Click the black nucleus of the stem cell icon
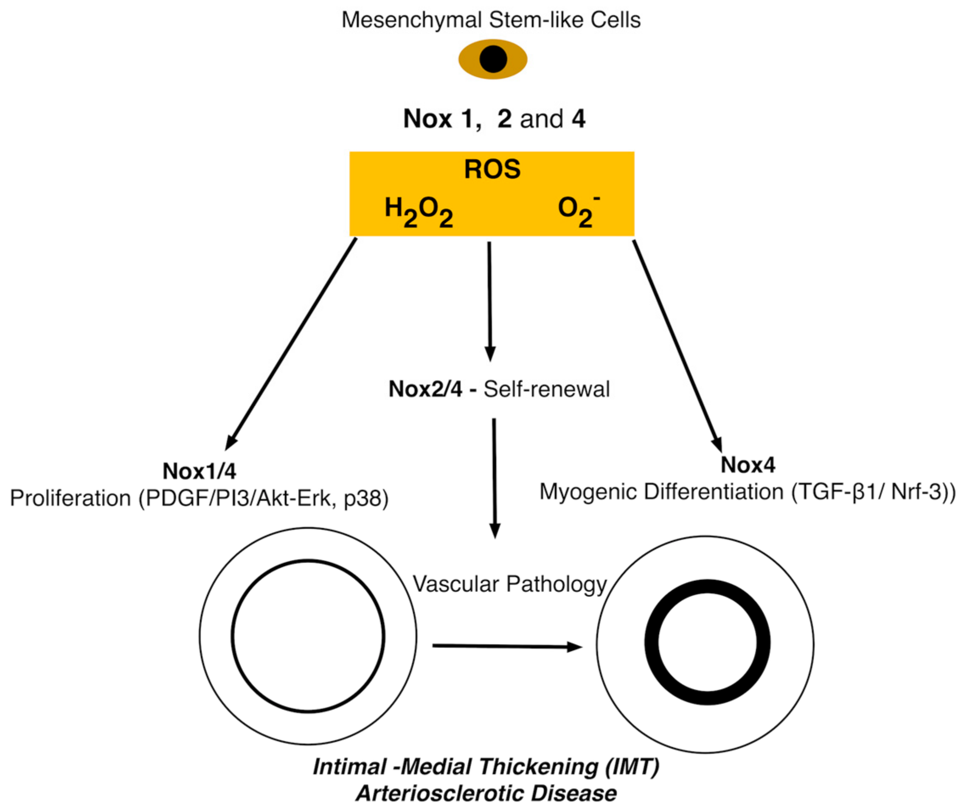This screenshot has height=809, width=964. (x=493, y=59)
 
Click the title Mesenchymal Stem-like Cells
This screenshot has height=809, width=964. (x=491, y=20)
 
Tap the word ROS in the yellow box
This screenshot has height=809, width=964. (x=492, y=169)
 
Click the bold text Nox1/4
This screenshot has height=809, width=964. (x=199, y=471)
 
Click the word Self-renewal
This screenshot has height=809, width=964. (x=546, y=389)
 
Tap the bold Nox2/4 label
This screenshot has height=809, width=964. (x=425, y=389)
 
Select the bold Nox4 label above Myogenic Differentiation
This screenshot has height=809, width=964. (x=748, y=465)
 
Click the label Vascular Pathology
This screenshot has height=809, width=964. (x=509, y=584)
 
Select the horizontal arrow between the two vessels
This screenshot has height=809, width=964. (x=505, y=647)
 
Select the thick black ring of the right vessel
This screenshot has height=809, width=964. (x=652, y=642)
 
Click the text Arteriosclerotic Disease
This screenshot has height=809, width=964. (x=486, y=793)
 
